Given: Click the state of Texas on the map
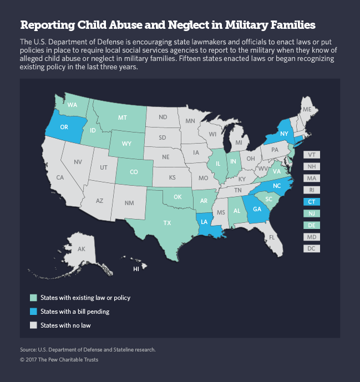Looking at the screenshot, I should point(166,223).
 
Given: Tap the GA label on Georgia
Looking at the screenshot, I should point(257,210).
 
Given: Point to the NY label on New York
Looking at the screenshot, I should point(283,134).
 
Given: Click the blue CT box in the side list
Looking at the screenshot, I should point(312,202).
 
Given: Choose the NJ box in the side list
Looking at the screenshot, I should point(312,213).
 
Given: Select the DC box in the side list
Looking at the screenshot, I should point(312,248).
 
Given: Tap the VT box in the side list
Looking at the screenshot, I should point(312,155).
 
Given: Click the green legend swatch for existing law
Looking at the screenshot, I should point(34,298).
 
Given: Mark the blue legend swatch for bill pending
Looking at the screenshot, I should point(34,312).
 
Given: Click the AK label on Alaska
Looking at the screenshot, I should point(82,249).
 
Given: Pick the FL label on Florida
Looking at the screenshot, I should point(272,237).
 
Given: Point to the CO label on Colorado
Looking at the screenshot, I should point(134,172).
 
